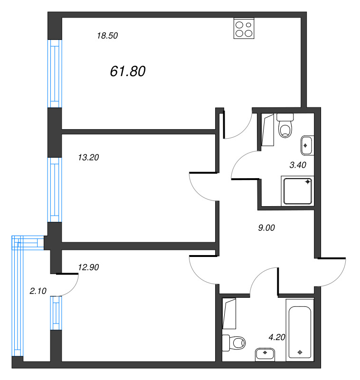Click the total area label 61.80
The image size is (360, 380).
(128, 71)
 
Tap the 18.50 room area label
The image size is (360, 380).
(107, 36)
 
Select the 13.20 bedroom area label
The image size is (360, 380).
(88, 158)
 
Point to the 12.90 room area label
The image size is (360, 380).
(88, 267)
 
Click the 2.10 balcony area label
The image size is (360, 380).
(38, 291)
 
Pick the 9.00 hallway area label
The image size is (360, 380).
(266, 228)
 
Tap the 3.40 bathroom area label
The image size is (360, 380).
(298, 165)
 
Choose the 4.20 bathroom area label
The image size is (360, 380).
(277, 337)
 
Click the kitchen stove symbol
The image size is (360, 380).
(244, 28)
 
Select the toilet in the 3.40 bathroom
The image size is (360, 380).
(285, 125)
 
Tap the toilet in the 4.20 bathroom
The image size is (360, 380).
(234, 343)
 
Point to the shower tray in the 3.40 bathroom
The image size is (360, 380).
(298, 191)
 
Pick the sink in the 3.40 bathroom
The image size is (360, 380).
(307, 145)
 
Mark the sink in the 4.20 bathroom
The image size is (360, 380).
(265, 355)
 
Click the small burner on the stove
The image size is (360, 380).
(248, 25)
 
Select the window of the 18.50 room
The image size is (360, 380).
(55, 74)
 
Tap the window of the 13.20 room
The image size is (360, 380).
(55, 190)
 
